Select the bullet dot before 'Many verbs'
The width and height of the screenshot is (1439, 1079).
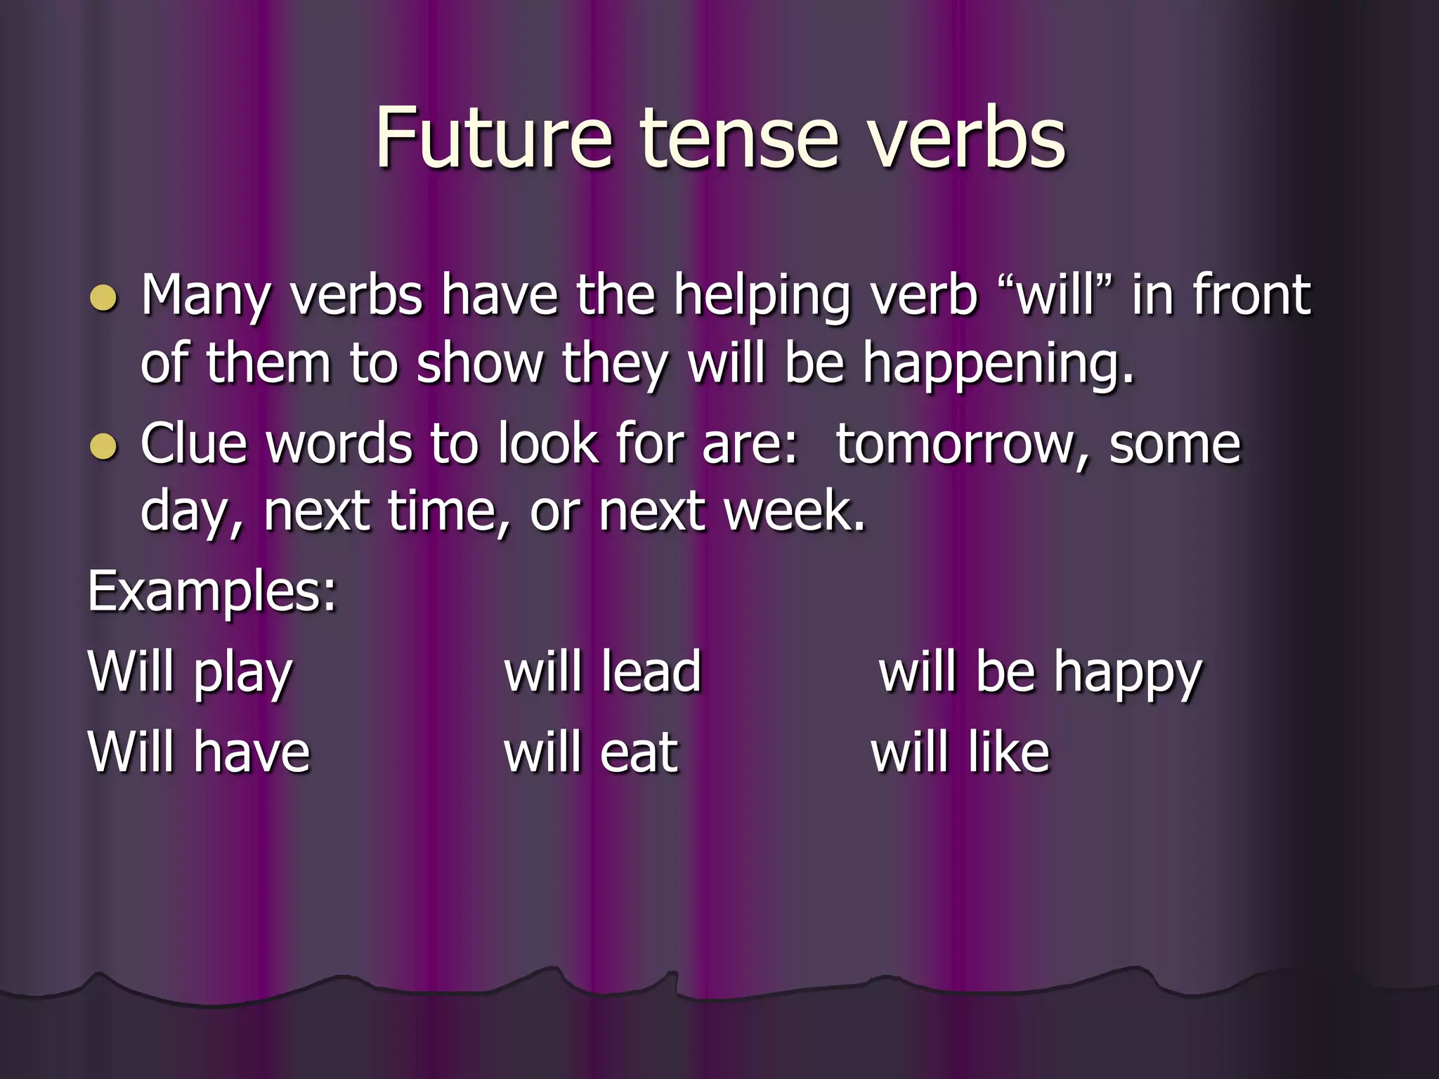pos(104,298)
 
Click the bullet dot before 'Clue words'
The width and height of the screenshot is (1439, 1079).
pos(104,447)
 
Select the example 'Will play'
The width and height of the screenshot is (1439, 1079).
pos(190,673)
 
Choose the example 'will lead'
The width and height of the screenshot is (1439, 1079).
pos(603,672)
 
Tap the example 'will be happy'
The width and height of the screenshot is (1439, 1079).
pos(1040,673)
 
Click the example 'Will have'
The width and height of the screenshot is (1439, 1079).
pos(199,752)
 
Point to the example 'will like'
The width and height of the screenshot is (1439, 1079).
pos(960,752)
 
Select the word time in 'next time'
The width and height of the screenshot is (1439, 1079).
pos(447,511)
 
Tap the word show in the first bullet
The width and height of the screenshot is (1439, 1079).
pos(479,364)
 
